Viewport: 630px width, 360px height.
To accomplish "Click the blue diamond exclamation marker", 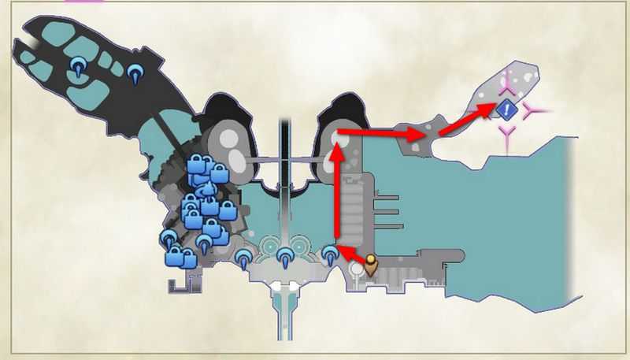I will [507, 110].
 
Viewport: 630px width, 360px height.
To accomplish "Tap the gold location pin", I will [370, 266].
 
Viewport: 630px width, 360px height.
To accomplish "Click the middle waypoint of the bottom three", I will [285, 254].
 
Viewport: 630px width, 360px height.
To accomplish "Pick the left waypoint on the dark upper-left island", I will [78, 66].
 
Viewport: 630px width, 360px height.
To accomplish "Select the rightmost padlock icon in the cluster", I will [228, 210].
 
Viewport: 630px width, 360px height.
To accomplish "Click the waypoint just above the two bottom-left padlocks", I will [169, 238].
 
